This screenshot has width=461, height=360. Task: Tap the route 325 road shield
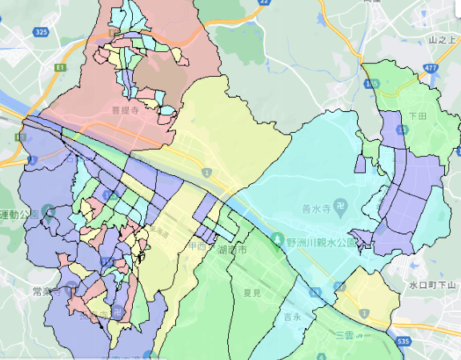42,31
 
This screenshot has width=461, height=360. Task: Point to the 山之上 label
441,39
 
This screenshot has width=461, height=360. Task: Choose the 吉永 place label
291,317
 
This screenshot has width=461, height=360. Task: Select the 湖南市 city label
233,250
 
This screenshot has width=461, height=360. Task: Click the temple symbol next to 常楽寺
66,292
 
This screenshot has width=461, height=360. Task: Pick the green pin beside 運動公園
47,214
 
